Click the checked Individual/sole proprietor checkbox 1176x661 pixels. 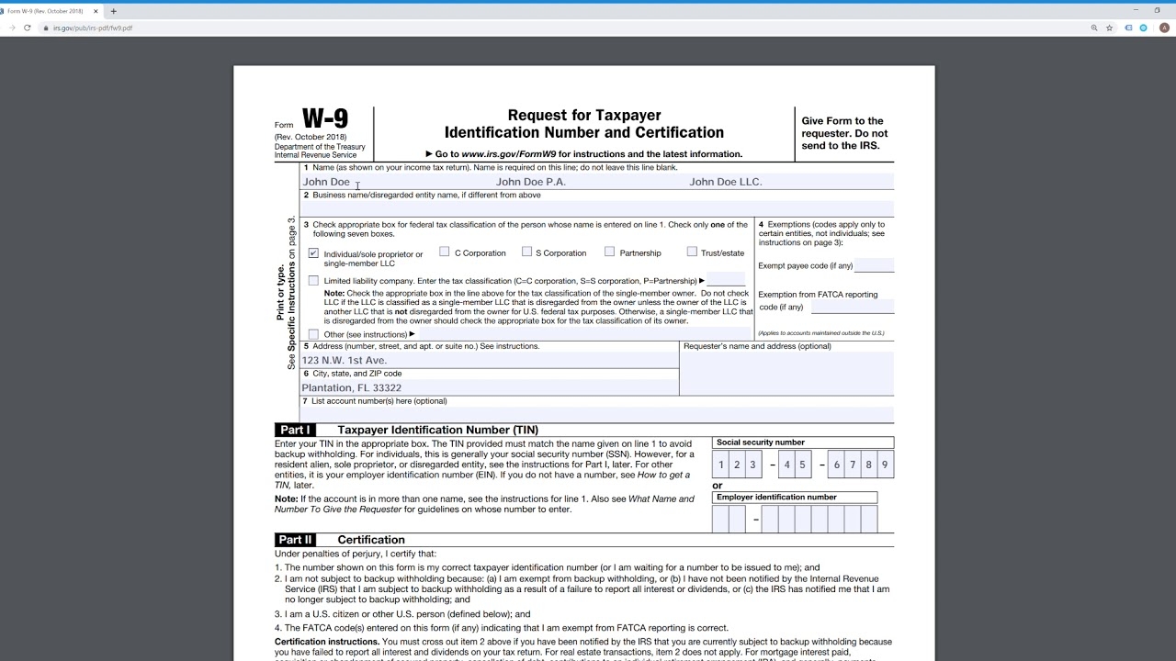click(x=313, y=253)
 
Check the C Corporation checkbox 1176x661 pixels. click(x=445, y=252)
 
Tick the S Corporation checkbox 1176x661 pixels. click(x=526, y=252)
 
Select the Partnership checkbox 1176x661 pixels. click(x=609, y=252)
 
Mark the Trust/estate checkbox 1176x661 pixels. click(x=692, y=252)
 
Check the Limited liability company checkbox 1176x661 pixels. click(x=313, y=281)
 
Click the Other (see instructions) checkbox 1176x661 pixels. click(x=313, y=334)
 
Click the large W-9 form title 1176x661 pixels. click(x=325, y=119)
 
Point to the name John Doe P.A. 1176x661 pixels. click(x=531, y=182)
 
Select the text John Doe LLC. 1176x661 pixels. click(x=726, y=182)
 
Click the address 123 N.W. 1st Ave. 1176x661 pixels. click(x=345, y=361)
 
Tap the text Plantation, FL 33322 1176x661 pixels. click(x=352, y=388)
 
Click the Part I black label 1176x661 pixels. click(x=295, y=430)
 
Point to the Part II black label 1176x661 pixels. click(x=295, y=540)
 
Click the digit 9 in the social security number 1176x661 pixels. click(x=885, y=465)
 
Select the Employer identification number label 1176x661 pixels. click(x=776, y=498)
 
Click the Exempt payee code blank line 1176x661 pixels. click(x=874, y=266)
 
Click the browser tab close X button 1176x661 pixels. click(x=96, y=11)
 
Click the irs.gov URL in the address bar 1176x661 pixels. click(x=93, y=28)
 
